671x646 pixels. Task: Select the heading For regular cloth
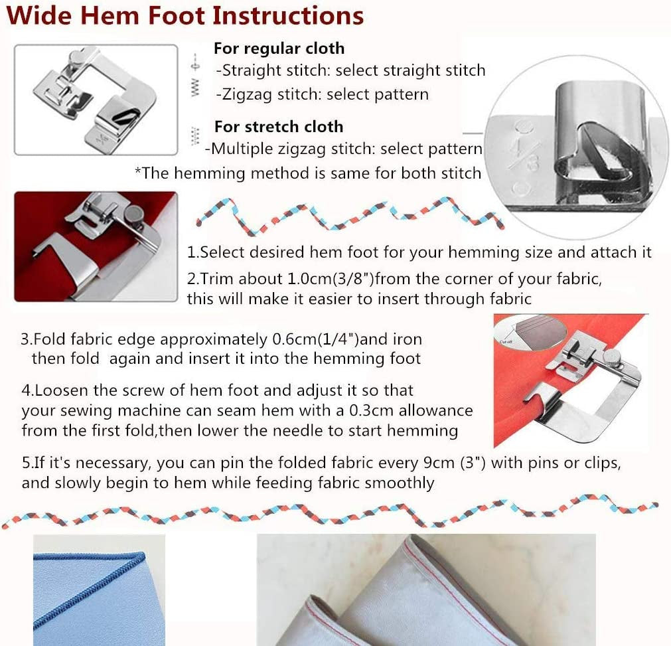(279, 48)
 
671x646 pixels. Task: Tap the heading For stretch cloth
(279, 126)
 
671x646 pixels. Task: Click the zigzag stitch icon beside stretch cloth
(195, 135)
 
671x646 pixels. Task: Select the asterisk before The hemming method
(138, 173)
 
